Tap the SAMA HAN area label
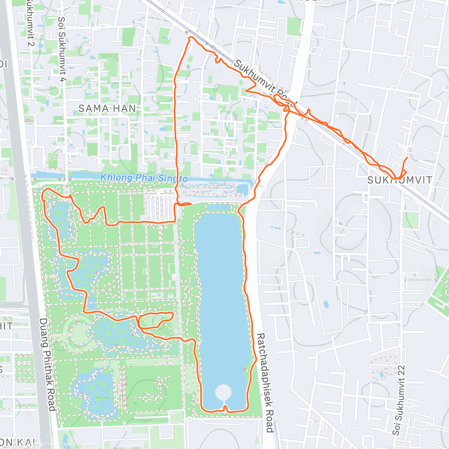(107, 109)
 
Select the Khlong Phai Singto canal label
(144, 178)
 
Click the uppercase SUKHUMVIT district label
(400, 180)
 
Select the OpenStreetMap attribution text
(78, 444)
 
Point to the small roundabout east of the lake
(338, 283)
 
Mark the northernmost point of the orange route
(191, 37)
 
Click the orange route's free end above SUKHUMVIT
(407, 158)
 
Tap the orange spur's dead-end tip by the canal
(191, 204)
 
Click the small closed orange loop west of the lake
(155, 320)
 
